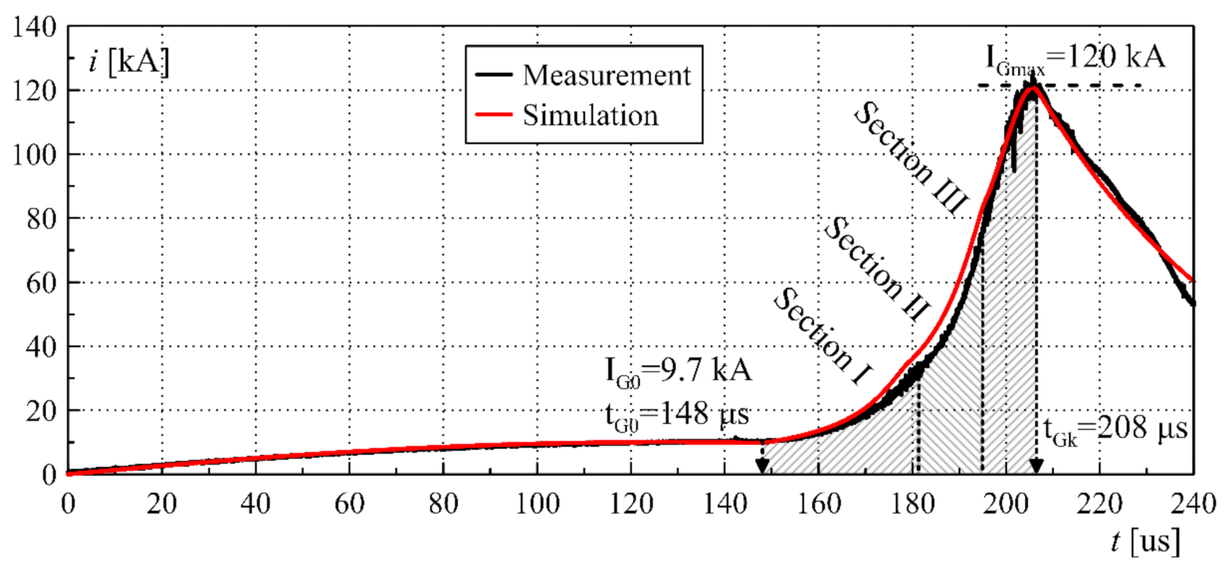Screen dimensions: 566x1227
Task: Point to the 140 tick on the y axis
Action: tap(34, 27)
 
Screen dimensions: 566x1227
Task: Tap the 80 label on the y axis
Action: tap(41, 219)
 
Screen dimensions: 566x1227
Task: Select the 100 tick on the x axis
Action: tap(537, 503)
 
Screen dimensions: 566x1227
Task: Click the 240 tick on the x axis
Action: tap(1193, 503)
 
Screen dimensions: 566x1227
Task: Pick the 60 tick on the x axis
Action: tap(349, 503)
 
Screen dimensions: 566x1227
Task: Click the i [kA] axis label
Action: tap(129, 62)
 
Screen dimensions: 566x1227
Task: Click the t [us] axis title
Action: tap(1145, 542)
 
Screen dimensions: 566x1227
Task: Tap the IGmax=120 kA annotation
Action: tap(1075, 58)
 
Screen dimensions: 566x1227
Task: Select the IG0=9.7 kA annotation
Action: tap(678, 371)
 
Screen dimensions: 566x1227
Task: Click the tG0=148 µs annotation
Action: tap(677, 415)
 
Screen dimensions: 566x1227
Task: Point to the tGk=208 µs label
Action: tap(1115, 430)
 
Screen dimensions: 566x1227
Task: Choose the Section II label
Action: tap(876, 268)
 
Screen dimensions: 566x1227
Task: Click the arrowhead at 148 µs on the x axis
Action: tap(762, 466)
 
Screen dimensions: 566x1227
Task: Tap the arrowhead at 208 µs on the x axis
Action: tap(1036, 466)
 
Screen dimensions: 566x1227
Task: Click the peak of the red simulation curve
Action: tap(1032, 87)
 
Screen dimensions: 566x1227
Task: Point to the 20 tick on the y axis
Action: tap(41, 411)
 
